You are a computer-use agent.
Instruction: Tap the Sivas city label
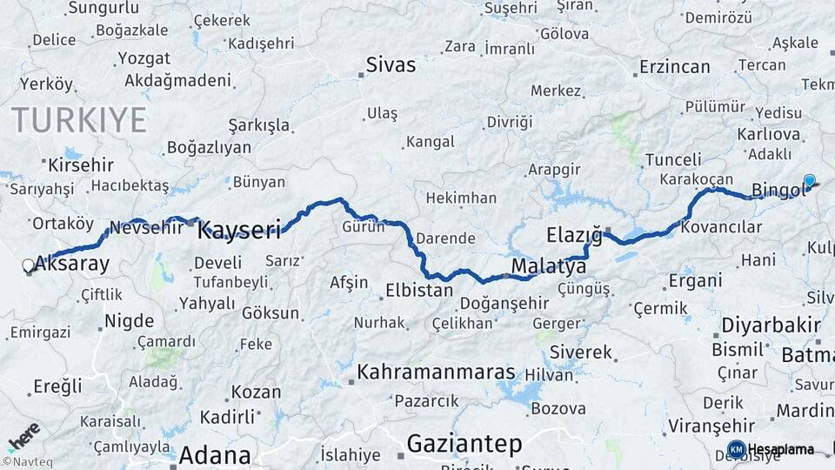point(391,64)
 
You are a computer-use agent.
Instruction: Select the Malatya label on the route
point(549,265)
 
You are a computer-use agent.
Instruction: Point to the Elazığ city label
point(574,235)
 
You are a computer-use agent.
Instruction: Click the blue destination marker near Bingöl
point(810,181)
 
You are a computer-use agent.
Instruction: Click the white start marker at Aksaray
point(29,265)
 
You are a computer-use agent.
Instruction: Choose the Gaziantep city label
point(465,445)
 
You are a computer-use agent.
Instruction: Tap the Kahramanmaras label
point(436,371)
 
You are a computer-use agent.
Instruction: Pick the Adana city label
point(215,455)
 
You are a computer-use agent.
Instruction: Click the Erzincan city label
point(675,66)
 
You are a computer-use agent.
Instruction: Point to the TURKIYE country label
point(78,120)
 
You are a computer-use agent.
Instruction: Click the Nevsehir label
point(145,228)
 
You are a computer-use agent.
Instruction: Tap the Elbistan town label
point(418,290)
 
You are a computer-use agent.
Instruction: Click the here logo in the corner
point(23,436)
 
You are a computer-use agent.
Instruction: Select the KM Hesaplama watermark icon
point(736,449)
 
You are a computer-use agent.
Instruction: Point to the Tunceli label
point(673,159)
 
